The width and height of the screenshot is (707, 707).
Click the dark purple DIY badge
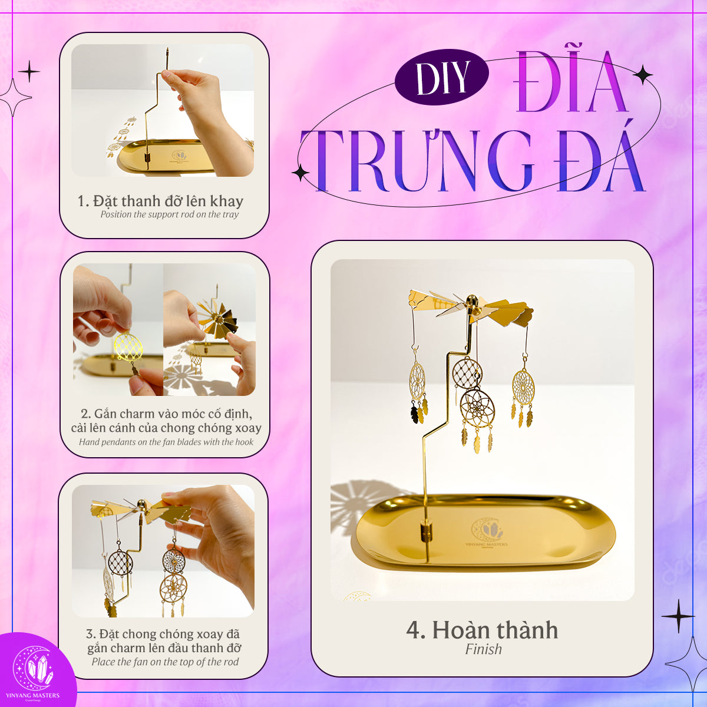(x=441, y=77)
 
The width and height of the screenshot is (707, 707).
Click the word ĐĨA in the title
(x=570, y=81)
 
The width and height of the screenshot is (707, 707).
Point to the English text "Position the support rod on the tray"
(x=170, y=214)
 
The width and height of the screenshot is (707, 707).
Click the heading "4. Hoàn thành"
(x=482, y=630)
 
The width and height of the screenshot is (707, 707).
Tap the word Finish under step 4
(x=483, y=649)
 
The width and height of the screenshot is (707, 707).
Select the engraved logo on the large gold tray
(x=487, y=533)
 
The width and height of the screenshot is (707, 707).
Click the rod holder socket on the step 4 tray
(x=425, y=533)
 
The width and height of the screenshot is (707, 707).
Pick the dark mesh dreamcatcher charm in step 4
(x=467, y=373)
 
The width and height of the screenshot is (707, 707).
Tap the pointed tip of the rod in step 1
(x=167, y=48)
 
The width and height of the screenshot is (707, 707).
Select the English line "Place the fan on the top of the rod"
(x=165, y=662)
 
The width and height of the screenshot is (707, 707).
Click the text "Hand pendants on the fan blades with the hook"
(x=166, y=442)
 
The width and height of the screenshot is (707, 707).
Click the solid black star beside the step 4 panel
(x=678, y=616)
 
